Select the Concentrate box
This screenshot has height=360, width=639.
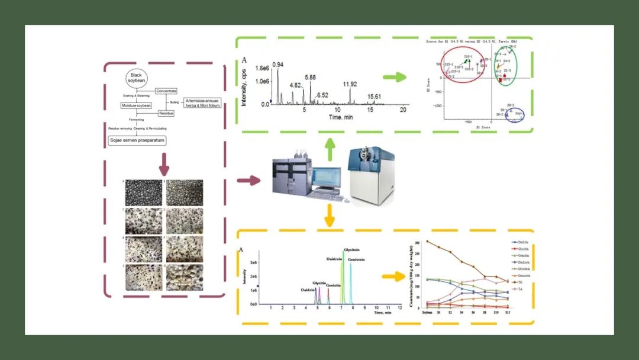point(166,91)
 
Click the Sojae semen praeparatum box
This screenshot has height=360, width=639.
point(137,140)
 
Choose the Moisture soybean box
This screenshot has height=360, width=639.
point(137,105)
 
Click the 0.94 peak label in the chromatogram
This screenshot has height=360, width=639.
point(278,65)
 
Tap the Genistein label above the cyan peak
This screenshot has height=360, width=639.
point(356,260)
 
